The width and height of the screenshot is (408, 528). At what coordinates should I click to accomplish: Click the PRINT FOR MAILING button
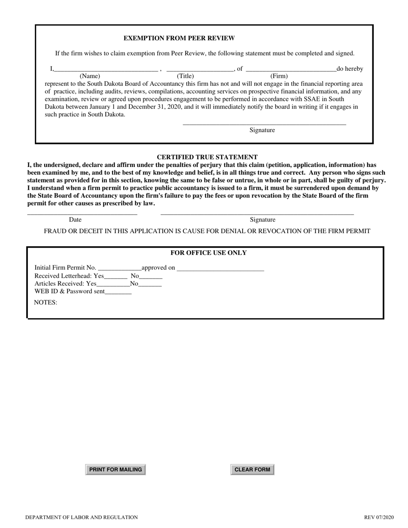[x=116, y=470]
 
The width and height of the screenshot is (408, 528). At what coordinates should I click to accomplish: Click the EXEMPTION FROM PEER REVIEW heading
[x=179, y=38]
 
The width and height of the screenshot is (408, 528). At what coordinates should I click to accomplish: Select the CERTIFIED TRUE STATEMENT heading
[x=207, y=157]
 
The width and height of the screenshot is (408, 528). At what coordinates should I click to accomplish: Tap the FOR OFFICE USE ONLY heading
[x=208, y=253]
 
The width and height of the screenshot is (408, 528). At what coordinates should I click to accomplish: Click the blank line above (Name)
[x=106, y=69]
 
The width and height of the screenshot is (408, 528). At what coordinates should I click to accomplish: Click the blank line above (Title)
[x=199, y=69]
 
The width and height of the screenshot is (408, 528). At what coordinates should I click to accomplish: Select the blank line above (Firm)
[x=291, y=69]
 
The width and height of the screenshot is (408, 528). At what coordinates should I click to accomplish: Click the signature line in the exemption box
[x=264, y=124]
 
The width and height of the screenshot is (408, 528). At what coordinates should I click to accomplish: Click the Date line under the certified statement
[x=82, y=213]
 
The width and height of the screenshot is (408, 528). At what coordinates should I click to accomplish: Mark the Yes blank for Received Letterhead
[x=116, y=277]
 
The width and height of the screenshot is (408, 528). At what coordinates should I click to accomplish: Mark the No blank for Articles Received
[x=150, y=285]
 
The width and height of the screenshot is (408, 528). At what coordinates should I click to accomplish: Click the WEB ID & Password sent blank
[x=118, y=293]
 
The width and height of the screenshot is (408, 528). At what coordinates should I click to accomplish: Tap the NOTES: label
[x=46, y=302]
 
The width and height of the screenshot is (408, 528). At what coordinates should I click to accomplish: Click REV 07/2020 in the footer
[x=378, y=517]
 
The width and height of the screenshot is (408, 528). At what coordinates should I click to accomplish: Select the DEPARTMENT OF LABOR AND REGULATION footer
[x=82, y=517]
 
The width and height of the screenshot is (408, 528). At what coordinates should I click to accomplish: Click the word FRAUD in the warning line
[x=55, y=231]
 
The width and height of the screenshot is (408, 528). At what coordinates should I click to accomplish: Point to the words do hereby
[x=350, y=69]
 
